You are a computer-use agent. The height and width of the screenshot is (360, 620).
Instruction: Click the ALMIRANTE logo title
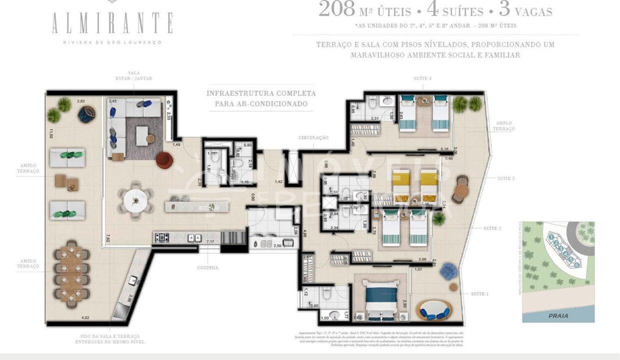pyautogui.click(x=112, y=23)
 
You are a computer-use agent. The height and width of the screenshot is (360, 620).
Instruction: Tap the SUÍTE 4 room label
pyautogui.click(x=422, y=78)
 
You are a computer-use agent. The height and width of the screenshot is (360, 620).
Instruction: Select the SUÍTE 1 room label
pyautogui.click(x=479, y=294)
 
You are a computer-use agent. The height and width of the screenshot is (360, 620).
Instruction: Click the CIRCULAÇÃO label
pyautogui.click(x=313, y=137)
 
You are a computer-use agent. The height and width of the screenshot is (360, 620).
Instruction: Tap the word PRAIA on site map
pyautogui.click(x=558, y=316)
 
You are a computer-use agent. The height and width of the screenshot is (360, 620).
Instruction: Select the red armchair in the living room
pyautogui.click(x=164, y=160)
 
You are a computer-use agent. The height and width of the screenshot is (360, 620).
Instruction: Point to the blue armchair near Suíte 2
pyautogui.click(x=448, y=271)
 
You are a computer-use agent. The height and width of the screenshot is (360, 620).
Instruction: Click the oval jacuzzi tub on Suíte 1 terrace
pyautogui.click(x=433, y=310)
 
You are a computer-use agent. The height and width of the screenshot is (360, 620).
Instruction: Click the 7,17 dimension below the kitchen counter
pyautogui.click(x=210, y=241)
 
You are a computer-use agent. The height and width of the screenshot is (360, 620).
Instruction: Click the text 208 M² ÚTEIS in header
pyautogui.click(x=364, y=10)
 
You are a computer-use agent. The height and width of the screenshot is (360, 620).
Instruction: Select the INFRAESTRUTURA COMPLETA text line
pyautogui.click(x=261, y=93)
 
